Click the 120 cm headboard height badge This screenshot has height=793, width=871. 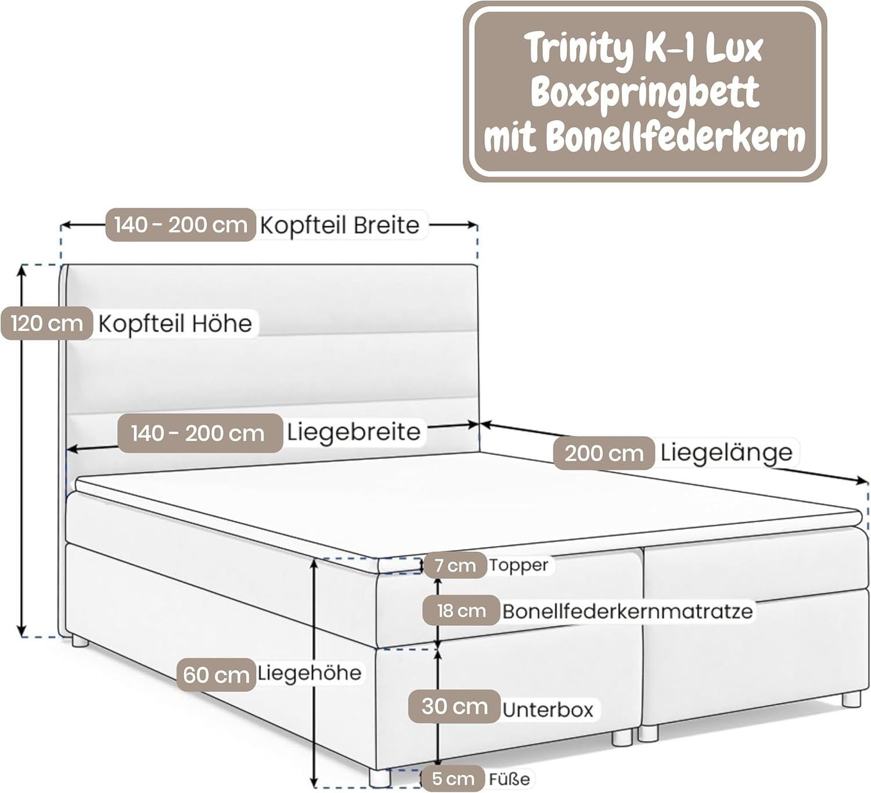point(46,323)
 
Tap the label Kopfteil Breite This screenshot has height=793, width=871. point(339,225)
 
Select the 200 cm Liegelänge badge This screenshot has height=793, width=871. point(604,453)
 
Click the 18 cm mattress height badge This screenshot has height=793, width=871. point(461,611)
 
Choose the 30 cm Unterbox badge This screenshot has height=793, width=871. point(455,706)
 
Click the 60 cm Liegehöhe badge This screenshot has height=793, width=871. point(215,674)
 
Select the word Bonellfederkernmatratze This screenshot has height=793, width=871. point(627,611)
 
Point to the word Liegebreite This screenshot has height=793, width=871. point(353,432)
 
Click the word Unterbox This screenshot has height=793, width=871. point(548,709)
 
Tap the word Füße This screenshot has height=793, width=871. point(509,779)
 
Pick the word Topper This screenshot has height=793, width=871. point(518,565)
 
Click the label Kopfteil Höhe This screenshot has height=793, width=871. point(175,324)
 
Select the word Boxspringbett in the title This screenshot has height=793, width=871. point(645,93)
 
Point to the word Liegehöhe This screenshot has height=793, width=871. point(309,673)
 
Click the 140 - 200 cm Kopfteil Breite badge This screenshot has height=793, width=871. point(181,225)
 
